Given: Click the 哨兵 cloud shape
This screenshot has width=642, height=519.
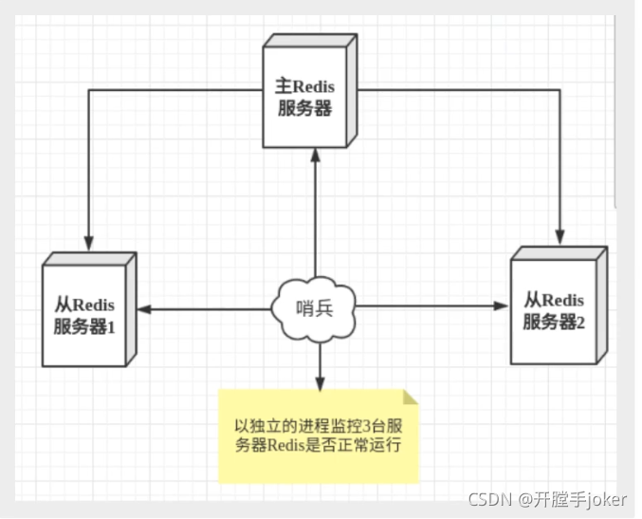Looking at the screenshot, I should pos(314,306).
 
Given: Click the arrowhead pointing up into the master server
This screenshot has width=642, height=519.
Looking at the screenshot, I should pos(315,157).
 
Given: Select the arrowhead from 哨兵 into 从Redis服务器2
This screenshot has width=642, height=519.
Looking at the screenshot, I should pos(502,306).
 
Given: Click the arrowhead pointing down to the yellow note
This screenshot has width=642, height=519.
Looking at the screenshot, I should pos(320,382).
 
